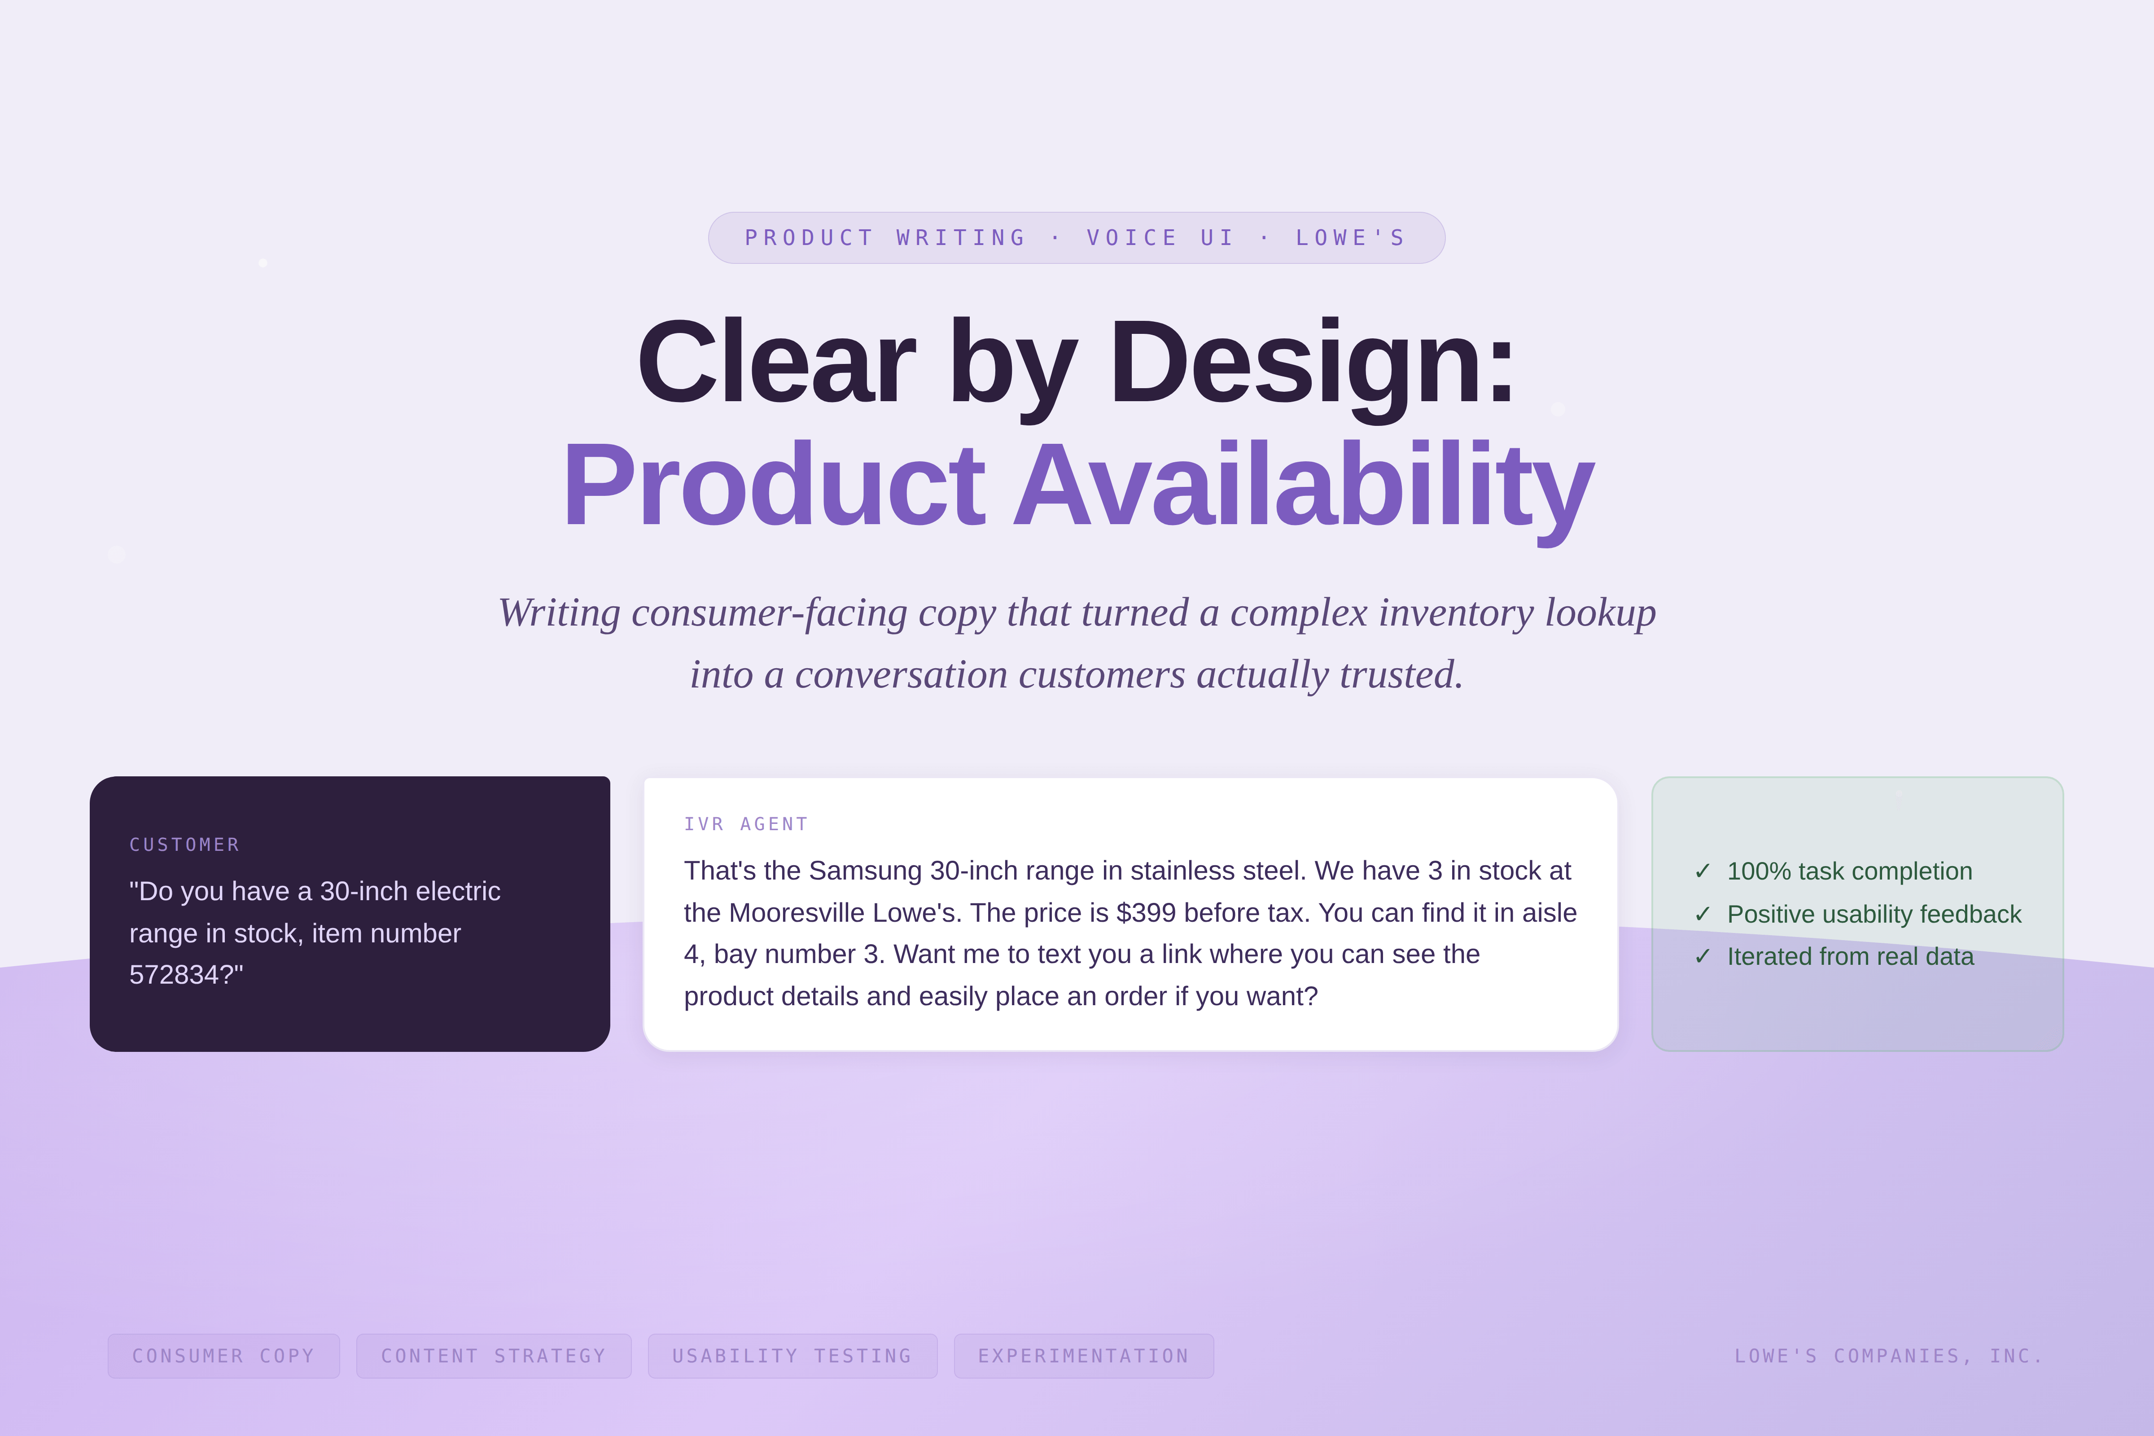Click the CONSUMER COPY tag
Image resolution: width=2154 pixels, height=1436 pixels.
coord(223,1355)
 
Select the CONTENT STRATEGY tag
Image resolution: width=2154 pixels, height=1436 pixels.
coord(494,1355)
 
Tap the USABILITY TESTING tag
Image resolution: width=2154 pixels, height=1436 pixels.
coord(792,1355)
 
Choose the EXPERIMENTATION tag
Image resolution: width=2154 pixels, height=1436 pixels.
coord(1083,1355)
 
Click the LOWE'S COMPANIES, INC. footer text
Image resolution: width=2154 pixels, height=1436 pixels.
coord(1888,1355)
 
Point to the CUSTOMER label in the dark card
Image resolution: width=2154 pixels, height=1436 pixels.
coord(184,845)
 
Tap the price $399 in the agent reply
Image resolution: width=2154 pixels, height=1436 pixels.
coord(1146,912)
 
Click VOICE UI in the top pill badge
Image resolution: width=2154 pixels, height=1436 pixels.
coord(1160,238)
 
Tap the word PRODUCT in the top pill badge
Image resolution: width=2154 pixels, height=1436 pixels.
coord(810,238)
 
